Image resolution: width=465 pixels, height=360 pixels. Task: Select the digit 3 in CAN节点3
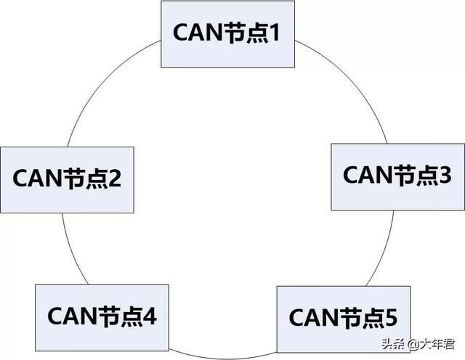pyautogui.click(x=444, y=175)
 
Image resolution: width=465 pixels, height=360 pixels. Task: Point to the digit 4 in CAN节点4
pyautogui.click(x=150, y=316)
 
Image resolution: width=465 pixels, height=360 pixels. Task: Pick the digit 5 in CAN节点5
pyautogui.click(x=390, y=317)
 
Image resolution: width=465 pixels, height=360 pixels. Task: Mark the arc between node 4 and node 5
pyautogui.click(x=222, y=358)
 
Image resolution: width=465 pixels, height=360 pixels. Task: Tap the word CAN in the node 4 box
pyautogui.click(x=71, y=316)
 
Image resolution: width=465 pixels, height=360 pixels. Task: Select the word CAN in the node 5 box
pyautogui.click(x=313, y=317)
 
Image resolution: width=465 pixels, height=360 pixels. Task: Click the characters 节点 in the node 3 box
pyautogui.click(x=414, y=175)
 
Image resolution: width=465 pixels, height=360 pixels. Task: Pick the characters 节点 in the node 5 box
pyautogui.click(x=360, y=317)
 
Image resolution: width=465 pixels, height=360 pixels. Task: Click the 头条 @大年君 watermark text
pyautogui.click(x=418, y=344)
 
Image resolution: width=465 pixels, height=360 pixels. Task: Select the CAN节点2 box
pyautogui.click(x=68, y=180)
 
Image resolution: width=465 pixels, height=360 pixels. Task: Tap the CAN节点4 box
pyautogui.click(x=102, y=318)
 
